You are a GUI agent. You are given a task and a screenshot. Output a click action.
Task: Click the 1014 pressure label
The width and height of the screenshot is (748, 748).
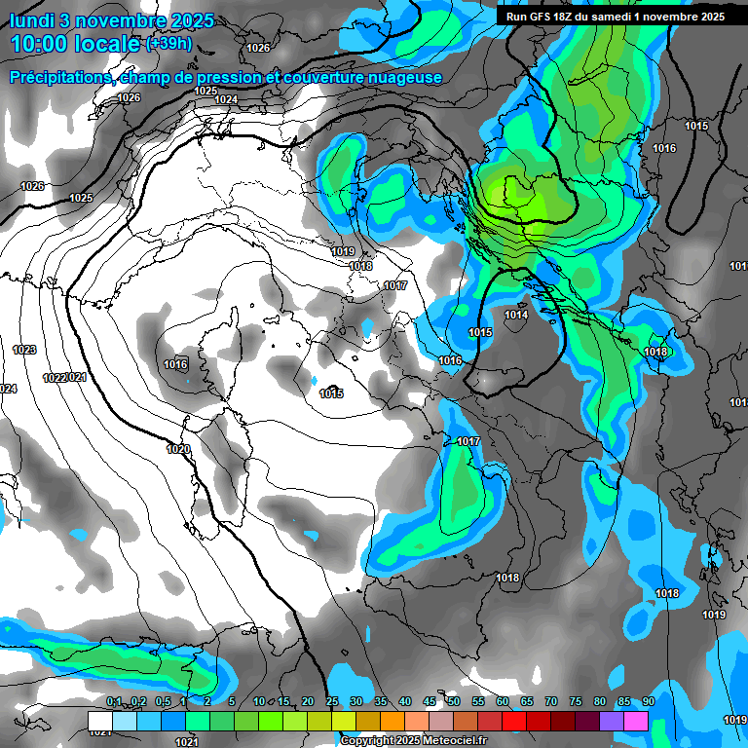point(516,315)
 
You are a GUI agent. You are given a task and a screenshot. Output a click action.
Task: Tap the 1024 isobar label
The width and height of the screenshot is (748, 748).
point(226,99)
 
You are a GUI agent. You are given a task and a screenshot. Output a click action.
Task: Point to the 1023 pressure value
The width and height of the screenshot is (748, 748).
point(24,349)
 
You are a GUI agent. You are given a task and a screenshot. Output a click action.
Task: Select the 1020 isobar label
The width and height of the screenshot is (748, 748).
point(178,449)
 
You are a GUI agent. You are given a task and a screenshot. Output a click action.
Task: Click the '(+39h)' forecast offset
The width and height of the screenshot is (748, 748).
point(168,43)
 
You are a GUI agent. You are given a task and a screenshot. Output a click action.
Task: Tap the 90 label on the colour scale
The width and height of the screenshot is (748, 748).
point(648,702)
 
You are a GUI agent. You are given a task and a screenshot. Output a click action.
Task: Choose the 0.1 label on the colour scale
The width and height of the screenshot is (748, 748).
point(114,702)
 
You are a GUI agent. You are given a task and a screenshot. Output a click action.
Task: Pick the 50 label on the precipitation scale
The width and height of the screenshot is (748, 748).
point(454,702)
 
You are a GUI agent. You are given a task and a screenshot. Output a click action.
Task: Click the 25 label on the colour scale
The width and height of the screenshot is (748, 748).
point(332,702)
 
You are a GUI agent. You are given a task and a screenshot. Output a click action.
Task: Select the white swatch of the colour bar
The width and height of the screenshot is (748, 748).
point(99,720)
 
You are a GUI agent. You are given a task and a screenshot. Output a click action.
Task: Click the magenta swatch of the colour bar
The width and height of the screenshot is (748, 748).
point(636,720)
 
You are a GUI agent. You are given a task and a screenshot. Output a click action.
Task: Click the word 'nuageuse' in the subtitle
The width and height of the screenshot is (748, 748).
point(404,77)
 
